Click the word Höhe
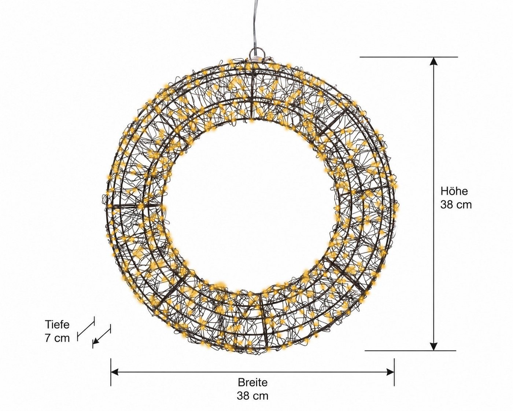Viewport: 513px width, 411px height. (x=454, y=191)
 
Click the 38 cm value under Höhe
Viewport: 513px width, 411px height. (x=456, y=205)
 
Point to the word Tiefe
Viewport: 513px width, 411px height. (x=57, y=324)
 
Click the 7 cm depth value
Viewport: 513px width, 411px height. (x=57, y=338)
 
